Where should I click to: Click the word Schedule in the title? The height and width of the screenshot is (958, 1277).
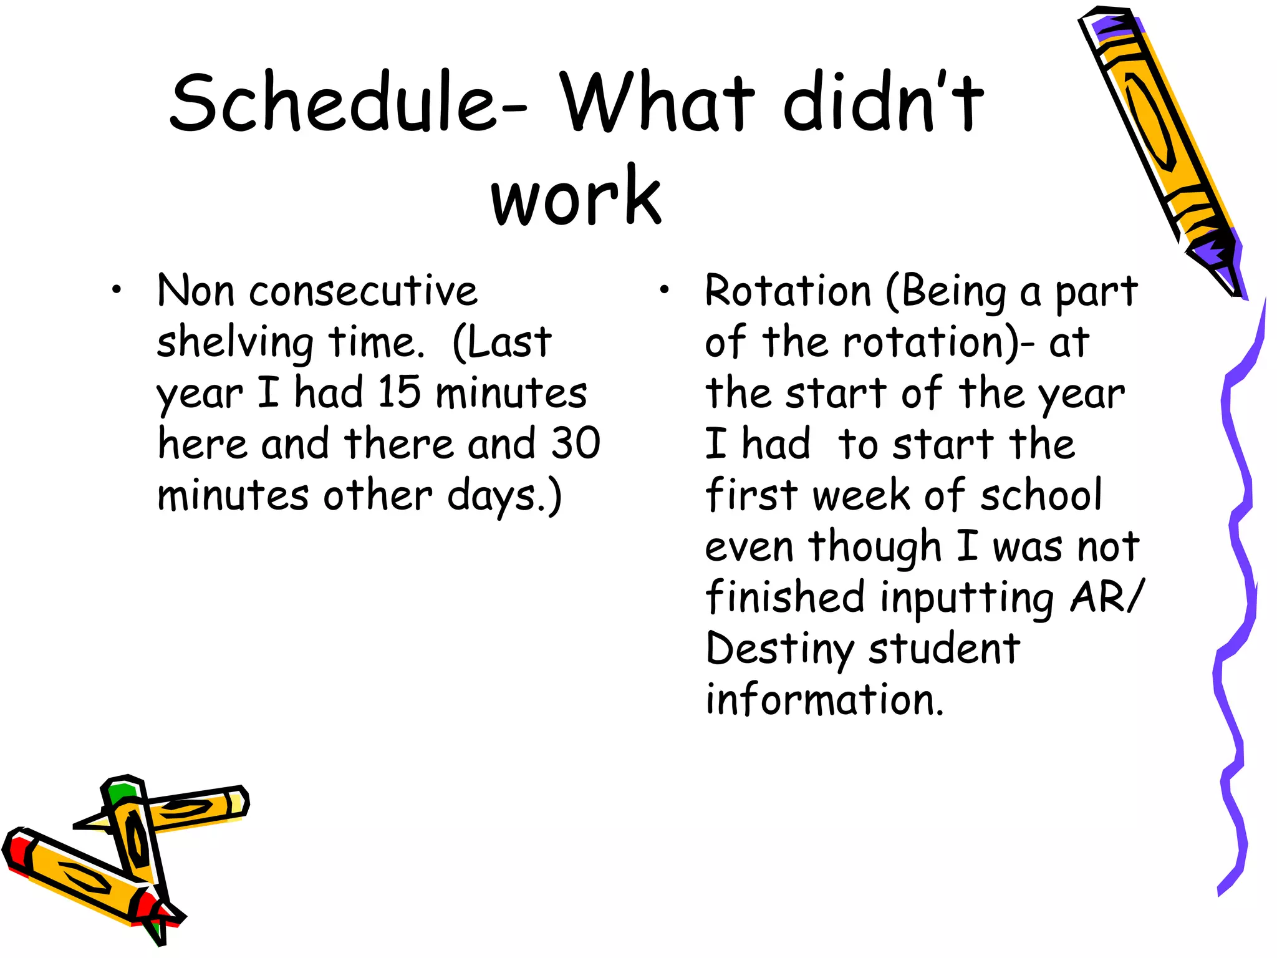[x=334, y=102]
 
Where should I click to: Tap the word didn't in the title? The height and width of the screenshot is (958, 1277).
[x=882, y=102]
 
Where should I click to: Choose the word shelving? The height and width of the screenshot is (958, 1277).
[x=235, y=343]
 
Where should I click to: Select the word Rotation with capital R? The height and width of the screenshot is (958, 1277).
[x=788, y=291]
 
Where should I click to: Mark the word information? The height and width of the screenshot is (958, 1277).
[x=824, y=700]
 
